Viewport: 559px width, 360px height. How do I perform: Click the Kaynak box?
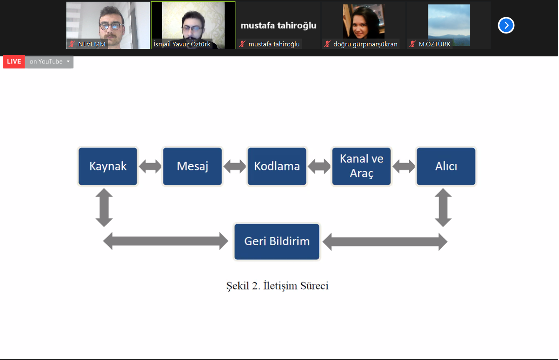108,166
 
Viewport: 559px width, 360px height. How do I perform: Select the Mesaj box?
192,166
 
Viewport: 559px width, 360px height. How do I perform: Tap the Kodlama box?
277,166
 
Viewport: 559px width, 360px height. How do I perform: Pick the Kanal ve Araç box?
362,166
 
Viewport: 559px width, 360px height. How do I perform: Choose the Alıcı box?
446,166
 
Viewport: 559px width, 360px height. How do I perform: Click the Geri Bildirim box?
277,241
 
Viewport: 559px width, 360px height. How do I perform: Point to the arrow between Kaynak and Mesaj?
150,166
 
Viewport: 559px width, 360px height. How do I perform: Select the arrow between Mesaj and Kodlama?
235,166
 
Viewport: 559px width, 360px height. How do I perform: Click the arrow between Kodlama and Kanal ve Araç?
319,166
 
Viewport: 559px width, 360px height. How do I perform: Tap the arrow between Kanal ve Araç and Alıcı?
404,166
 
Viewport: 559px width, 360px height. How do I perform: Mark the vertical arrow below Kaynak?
104,208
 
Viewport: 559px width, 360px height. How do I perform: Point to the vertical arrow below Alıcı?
443,208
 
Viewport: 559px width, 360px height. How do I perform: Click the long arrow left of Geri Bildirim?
166,241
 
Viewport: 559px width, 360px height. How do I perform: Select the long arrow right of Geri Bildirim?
385,242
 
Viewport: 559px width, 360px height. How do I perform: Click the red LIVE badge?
14,61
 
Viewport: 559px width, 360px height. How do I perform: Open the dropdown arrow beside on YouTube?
68,61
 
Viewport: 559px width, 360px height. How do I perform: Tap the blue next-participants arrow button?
506,25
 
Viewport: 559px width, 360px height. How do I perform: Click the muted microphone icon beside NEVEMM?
72,44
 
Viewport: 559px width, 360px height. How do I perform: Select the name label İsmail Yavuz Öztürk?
182,44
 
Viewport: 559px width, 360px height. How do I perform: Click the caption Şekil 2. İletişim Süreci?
277,286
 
